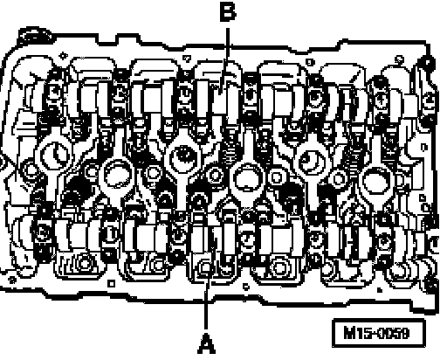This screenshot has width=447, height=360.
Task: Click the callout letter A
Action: point(206,343)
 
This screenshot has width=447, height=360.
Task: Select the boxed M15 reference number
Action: point(379,333)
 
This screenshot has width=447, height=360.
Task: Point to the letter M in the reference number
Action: point(350,333)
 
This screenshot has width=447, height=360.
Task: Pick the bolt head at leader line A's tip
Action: point(205,267)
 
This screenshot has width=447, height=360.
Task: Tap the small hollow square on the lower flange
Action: point(111,283)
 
